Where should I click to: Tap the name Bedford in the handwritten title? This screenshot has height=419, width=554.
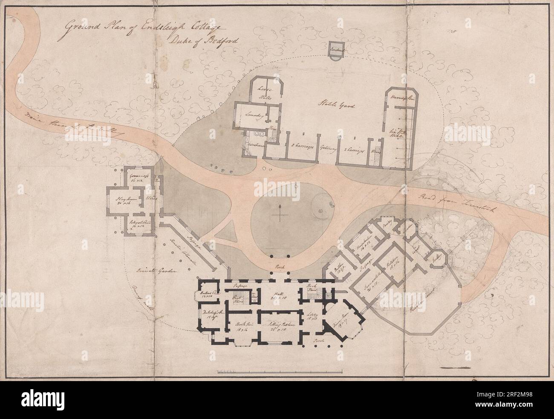point(216,42)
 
